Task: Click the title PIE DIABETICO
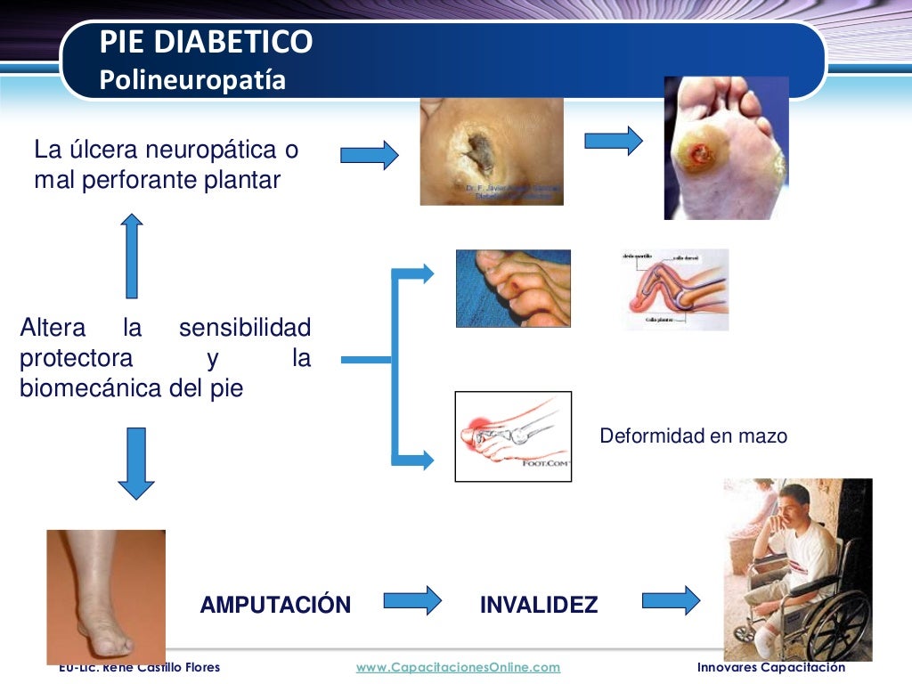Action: tap(206, 42)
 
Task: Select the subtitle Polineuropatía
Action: tap(192, 80)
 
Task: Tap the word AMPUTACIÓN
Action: tap(275, 606)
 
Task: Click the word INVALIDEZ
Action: tap(539, 606)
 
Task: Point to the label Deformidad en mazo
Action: tap(693, 436)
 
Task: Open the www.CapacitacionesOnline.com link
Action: tap(458, 667)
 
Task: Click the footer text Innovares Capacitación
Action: tap(771, 667)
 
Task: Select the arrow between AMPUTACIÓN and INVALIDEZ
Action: tap(412, 599)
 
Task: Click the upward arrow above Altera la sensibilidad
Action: tap(132, 256)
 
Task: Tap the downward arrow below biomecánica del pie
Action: tap(135, 463)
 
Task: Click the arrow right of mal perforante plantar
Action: tap(369, 155)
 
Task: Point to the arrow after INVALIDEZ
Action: tap(671, 599)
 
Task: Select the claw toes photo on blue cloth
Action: tap(512, 288)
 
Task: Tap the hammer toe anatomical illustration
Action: tap(675, 289)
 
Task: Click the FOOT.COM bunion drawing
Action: tap(512, 436)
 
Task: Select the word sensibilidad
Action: tap(245, 328)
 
